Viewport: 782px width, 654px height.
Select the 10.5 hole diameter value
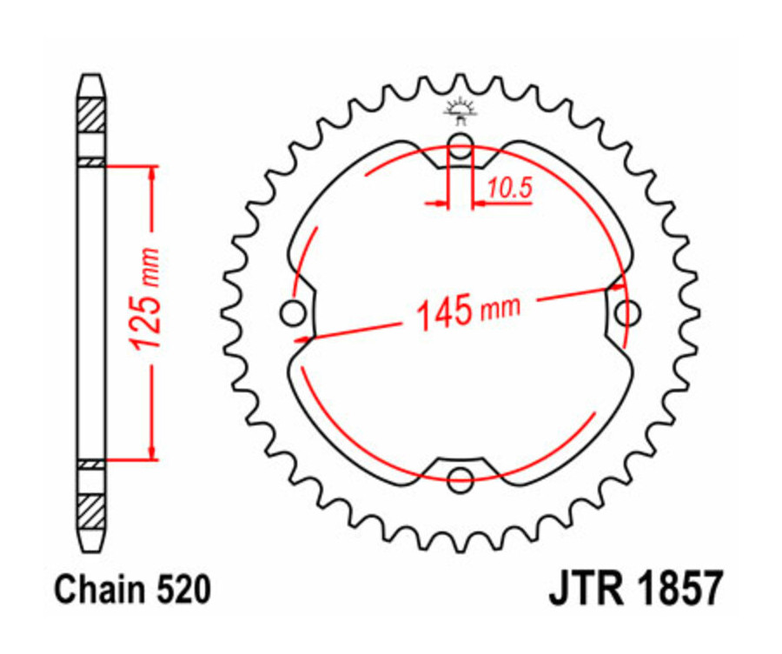pyautogui.click(x=509, y=188)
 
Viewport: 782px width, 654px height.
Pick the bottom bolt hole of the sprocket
pyautogui.click(x=461, y=476)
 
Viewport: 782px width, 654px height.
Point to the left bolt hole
pyautogui.click(x=293, y=311)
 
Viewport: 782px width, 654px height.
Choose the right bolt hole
pyautogui.click(x=628, y=311)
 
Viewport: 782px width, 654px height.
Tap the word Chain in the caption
pyautogui.click(x=94, y=591)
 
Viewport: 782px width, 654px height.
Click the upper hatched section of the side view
pyautogui.click(x=92, y=116)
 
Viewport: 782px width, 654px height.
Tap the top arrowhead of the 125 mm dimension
pyautogui.click(x=154, y=171)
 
